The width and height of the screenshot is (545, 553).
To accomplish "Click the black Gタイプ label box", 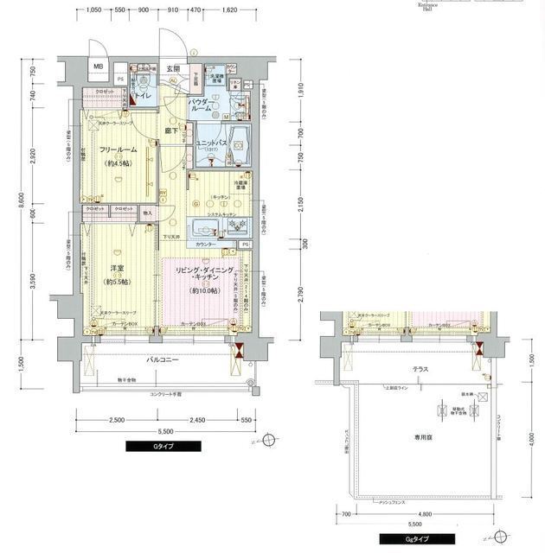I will point(163,447).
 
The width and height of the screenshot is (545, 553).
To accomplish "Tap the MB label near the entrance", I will point(99,67).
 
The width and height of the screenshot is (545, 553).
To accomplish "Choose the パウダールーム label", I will point(205,107).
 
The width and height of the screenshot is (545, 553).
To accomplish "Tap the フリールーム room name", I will point(114,151).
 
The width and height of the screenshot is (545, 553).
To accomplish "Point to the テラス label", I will point(420,369).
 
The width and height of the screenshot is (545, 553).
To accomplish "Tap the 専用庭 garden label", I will point(421,438).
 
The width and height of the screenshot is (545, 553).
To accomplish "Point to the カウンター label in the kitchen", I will point(205,245).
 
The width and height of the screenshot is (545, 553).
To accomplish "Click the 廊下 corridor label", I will point(172,130).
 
